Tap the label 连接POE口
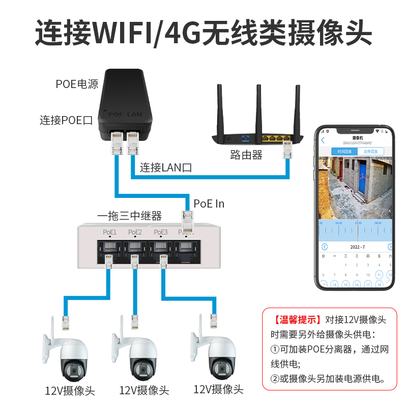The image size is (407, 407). click(66, 121)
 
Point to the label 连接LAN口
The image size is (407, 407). click(166, 167)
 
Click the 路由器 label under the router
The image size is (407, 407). click(246, 155)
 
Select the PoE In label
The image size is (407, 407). click(209, 204)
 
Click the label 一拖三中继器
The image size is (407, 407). click(129, 216)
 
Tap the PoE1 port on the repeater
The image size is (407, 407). click(109, 247)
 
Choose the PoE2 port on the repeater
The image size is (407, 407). click(135, 247)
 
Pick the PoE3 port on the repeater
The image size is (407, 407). click(161, 247)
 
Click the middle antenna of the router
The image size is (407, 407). click(258, 109)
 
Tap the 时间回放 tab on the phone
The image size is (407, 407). click(344, 152)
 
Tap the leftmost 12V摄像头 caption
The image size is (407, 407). click(70, 391)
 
